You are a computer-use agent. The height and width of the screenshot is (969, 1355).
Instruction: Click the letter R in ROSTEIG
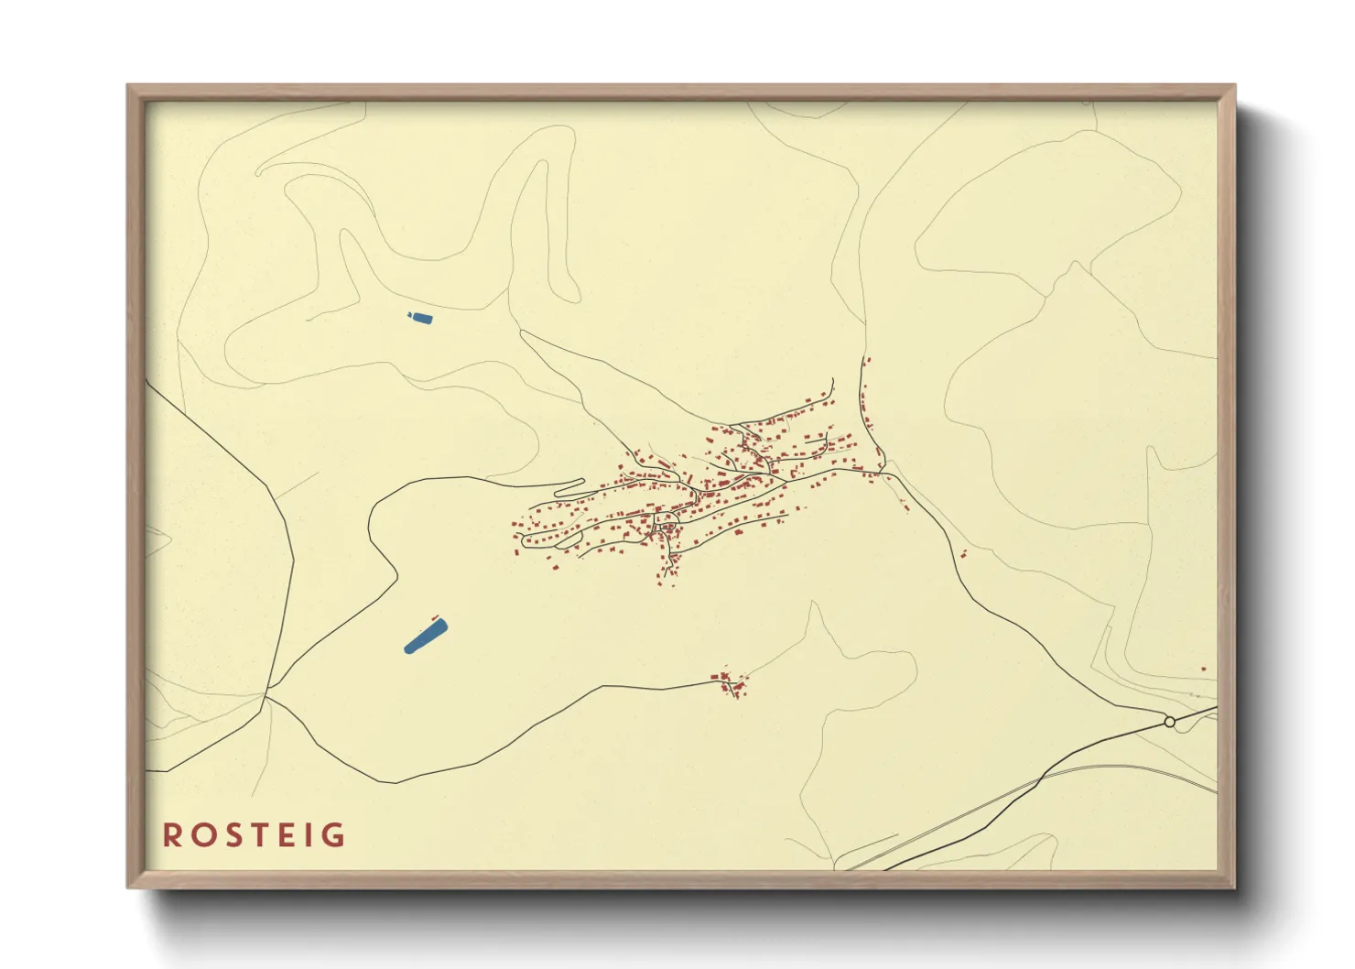[x=172, y=835]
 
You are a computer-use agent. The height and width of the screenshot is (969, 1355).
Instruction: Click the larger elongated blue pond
[x=426, y=636]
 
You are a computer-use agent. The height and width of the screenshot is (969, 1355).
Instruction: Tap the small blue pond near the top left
[x=419, y=318]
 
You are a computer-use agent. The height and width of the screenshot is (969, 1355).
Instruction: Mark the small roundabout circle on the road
[x=1169, y=722]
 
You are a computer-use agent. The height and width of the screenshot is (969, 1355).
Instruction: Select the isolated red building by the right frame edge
[x=1203, y=670]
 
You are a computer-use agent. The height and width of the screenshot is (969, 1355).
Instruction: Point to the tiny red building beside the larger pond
[x=434, y=616]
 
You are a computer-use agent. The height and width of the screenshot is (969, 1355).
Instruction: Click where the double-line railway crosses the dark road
[x=1044, y=777]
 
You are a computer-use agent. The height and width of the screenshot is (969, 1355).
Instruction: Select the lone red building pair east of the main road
[x=964, y=553]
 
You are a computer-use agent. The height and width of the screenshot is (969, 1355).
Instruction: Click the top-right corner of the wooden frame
[x=1235, y=85]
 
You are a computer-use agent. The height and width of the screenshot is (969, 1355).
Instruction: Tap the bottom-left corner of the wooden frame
[x=128, y=887]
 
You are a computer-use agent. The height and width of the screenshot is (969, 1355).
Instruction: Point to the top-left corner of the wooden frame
[x=128, y=85]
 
